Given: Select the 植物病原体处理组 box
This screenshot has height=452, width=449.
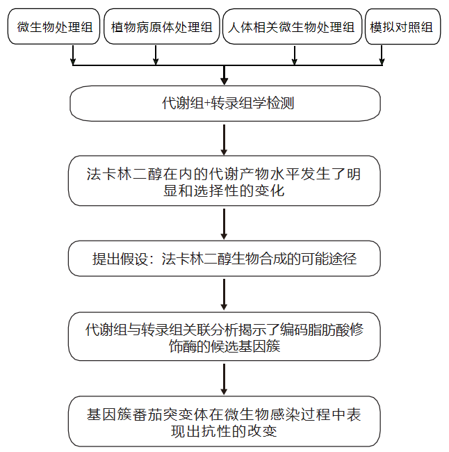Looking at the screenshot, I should pyautogui.click(x=162, y=28).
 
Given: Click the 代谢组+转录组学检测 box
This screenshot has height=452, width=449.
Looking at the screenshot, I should pyautogui.click(x=225, y=104).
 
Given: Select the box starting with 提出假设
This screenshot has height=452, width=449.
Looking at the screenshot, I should pyautogui.click(x=225, y=259).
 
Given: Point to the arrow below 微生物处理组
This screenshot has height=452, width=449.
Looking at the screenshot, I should pyautogui.click(x=73, y=56).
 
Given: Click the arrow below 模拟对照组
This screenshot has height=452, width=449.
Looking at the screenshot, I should pyautogui.click(x=382, y=56).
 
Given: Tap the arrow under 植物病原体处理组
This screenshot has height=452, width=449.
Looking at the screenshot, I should pyautogui.click(x=155, y=56).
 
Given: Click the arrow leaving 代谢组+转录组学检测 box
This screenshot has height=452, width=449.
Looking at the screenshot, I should pyautogui.click(x=224, y=138).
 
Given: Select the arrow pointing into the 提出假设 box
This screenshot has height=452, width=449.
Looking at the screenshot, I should pyautogui.click(x=224, y=223).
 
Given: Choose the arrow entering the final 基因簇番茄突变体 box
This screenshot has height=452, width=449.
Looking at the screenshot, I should pyautogui.click(x=224, y=379).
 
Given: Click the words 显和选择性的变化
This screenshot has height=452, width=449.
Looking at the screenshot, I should pyautogui.click(x=224, y=191).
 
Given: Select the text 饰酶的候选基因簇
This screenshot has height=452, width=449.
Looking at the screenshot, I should pyautogui.click(x=224, y=346).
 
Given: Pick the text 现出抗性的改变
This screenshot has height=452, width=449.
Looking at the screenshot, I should pyautogui.click(x=224, y=431).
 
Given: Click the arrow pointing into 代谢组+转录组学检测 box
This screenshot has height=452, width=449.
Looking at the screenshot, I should pyautogui.click(x=224, y=75).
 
